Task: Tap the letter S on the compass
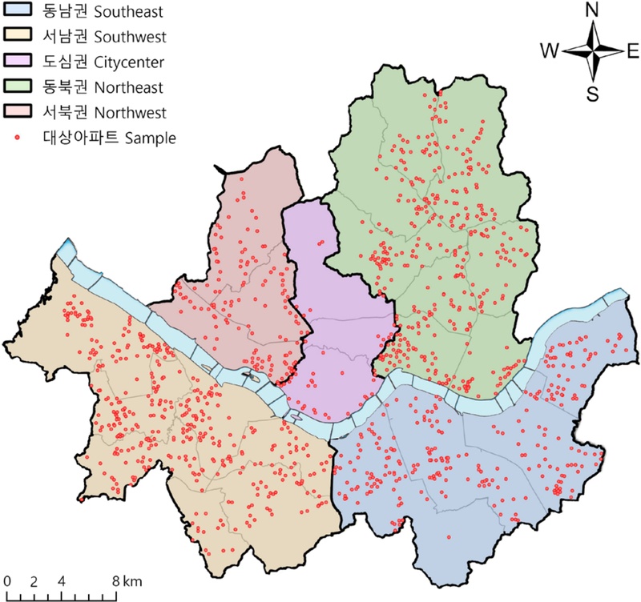593,94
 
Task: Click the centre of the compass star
593,51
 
